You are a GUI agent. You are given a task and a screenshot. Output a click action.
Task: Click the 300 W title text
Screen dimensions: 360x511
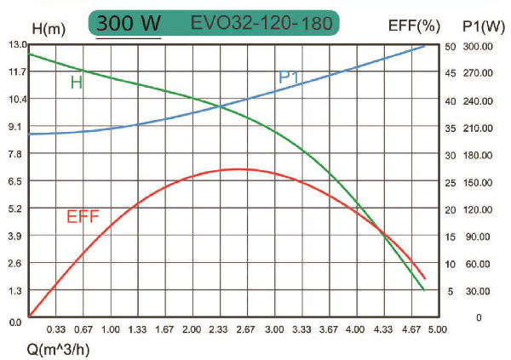pyautogui.click(x=128, y=23)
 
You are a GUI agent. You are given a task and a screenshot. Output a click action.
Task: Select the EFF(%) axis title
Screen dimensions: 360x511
pyautogui.click(x=415, y=26)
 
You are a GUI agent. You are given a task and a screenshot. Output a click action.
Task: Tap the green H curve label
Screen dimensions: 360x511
pyautogui.click(x=76, y=83)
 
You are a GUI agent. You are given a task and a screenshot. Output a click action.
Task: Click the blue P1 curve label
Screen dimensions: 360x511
pyautogui.click(x=290, y=78)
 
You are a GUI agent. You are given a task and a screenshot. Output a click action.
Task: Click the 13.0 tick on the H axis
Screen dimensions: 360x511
pyautogui.click(x=15, y=44)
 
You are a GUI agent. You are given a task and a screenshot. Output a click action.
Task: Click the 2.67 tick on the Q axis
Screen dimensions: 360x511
pyautogui.click(x=246, y=329)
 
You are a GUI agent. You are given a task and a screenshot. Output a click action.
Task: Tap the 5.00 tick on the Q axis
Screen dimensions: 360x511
pyautogui.click(x=437, y=329)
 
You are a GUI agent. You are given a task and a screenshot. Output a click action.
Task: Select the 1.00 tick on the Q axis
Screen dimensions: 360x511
pyautogui.click(x=111, y=329)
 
